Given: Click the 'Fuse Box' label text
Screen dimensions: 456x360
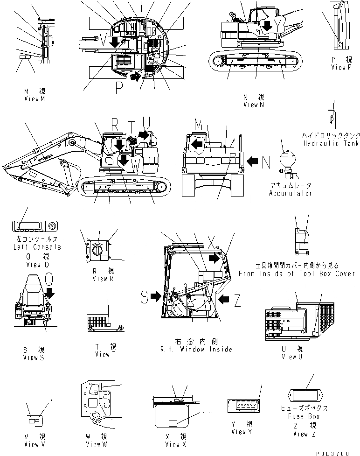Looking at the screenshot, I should tap(305, 416).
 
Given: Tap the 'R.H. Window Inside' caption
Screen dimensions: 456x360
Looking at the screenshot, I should tap(196, 349).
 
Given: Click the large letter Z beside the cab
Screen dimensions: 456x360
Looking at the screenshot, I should tap(237, 301).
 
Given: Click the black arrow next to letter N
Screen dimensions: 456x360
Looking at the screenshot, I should tap(252, 161).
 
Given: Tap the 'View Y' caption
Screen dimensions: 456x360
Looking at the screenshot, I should tap(242, 431).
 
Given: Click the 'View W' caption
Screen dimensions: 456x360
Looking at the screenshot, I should tap(96, 443).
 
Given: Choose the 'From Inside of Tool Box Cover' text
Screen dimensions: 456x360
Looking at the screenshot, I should tap(297, 274).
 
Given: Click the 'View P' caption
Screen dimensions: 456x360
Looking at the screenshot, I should tap(341, 67).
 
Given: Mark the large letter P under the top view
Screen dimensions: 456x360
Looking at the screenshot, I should tap(118, 86).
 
